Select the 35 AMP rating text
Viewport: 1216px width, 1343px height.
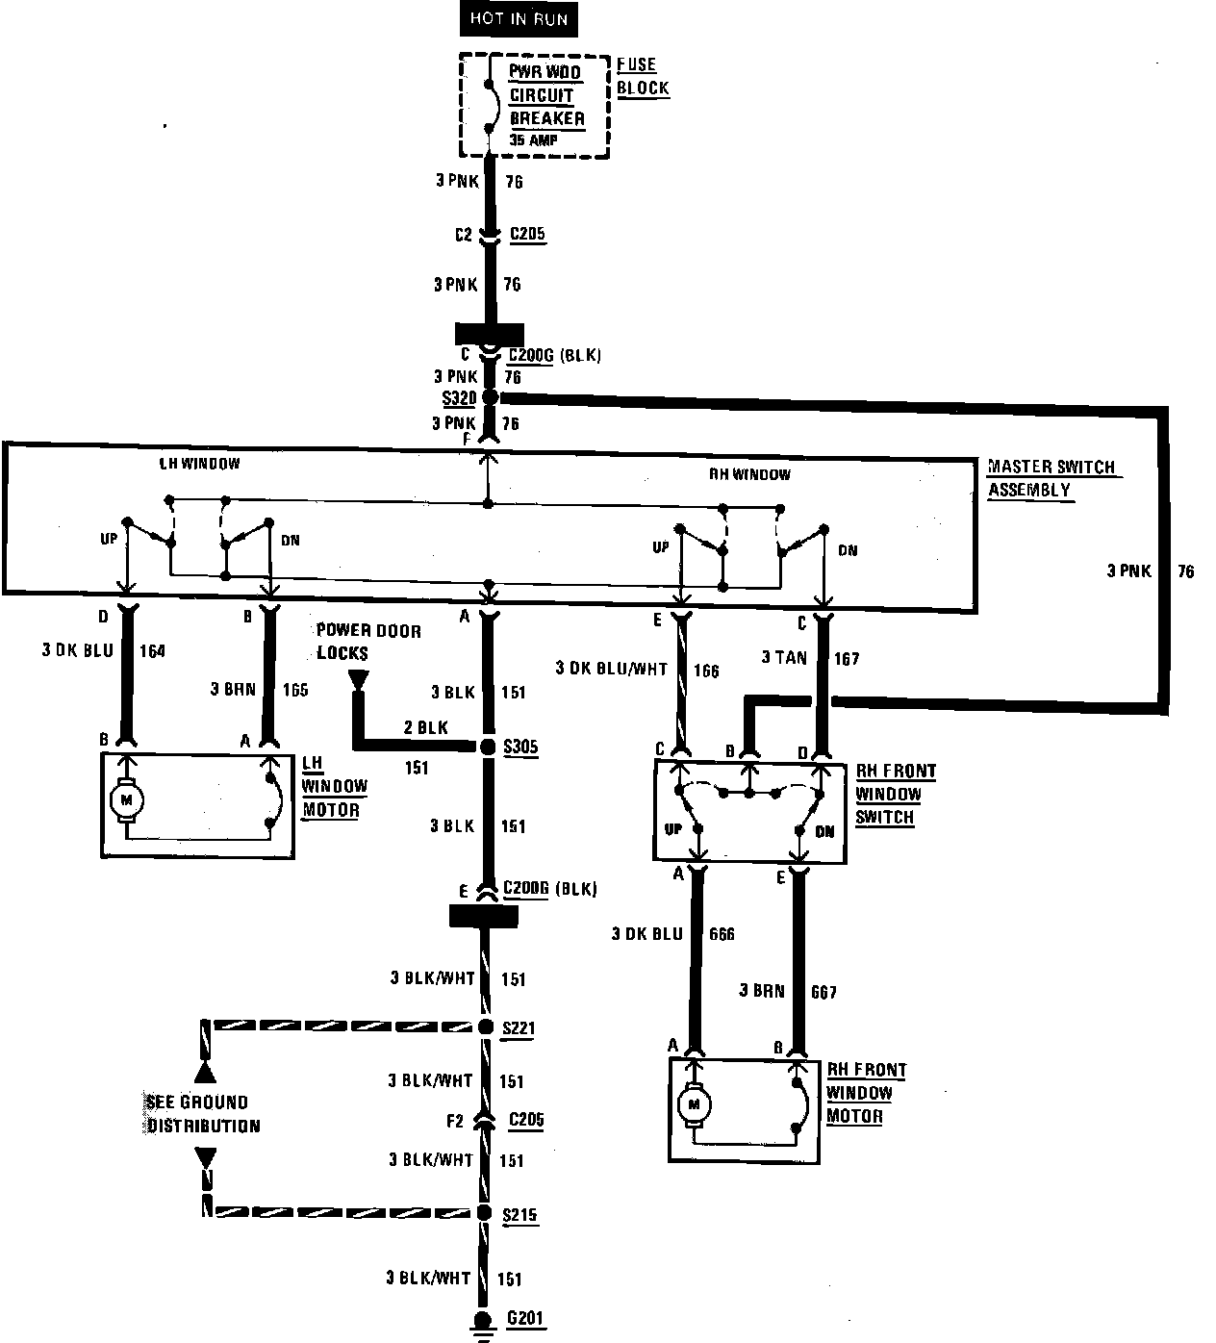(x=534, y=140)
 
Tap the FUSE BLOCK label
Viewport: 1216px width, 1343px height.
(x=643, y=76)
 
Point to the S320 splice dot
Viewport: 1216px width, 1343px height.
(x=490, y=397)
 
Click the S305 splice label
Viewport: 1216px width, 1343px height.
(x=520, y=747)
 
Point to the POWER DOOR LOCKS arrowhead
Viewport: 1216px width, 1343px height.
(x=359, y=680)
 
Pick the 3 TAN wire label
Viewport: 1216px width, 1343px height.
(x=783, y=658)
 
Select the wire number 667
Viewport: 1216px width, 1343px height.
(x=824, y=992)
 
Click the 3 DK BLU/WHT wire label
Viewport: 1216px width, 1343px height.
(x=611, y=669)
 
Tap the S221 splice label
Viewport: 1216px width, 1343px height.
(x=519, y=1028)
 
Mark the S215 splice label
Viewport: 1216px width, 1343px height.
(x=519, y=1215)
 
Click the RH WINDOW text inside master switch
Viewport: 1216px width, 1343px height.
(x=749, y=473)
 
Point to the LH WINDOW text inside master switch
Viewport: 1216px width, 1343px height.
(x=199, y=463)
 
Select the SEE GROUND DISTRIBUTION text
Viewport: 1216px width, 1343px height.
(x=203, y=1114)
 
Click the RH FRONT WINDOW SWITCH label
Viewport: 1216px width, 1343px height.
(x=895, y=795)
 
